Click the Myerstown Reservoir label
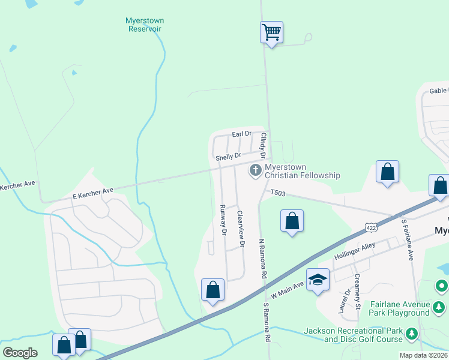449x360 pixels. pyautogui.click(x=145, y=25)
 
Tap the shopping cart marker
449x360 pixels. pyautogui.click(x=271, y=31)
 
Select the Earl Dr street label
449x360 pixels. pyautogui.click(x=241, y=134)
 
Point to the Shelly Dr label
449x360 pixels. pyautogui.click(x=228, y=157)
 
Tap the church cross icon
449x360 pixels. pyautogui.click(x=256, y=171)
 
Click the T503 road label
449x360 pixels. pyautogui.click(x=279, y=193)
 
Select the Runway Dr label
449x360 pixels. pyautogui.click(x=223, y=218)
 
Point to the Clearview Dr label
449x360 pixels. pyautogui.click(x=240, y=229)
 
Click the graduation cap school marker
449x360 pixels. pyautogui.click(x=318, y=280)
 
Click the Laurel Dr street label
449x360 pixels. pyautogui.click(x=348, y=301)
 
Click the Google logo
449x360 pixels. pyautogui.click(x=20, y=353)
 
